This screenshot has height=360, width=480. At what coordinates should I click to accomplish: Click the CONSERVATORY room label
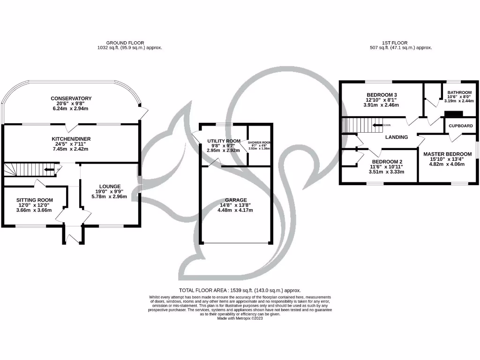(x=71, y=98)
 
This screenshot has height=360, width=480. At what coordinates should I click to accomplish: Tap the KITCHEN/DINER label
(x=71, y=139)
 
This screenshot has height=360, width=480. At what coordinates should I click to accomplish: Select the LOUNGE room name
(x=110, y=186)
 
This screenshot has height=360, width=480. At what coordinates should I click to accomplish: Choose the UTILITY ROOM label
(x=224, y=141)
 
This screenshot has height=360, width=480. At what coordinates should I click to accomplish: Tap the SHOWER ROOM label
(x=259, y=142)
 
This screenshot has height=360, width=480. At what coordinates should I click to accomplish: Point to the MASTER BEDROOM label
(x=447, y=154)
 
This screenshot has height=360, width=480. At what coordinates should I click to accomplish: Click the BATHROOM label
(x=459, y=92)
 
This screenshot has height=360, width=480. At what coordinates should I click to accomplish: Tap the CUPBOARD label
(x=461, y=126)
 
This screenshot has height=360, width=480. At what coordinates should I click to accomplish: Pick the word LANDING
(x=396, y=137)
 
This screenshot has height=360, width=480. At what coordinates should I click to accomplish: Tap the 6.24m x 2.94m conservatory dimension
(x=71, y=108)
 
